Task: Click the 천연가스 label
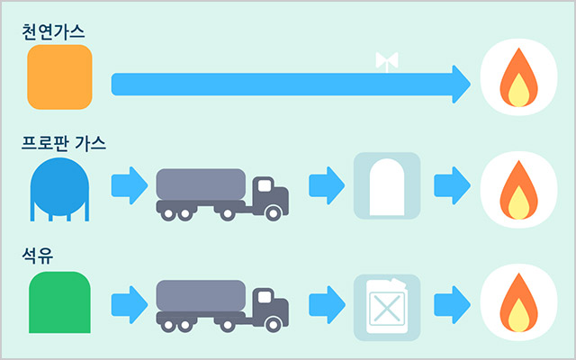tap(53, 32)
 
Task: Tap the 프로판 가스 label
tap(64, 143)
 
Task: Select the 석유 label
tap(38, 256)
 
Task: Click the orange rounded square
tap(59, 77)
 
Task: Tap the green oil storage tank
tap(59, 302)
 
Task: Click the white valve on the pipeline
tap(387, 62)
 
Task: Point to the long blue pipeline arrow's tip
tap(471, 84)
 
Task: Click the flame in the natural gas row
tap(518, 77)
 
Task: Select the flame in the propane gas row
tap(518, 190)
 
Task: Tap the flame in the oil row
tap(518, 302)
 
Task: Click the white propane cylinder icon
tap(387, 187)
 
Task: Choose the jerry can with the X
tap(387, 306)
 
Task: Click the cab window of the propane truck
tap(265, 185)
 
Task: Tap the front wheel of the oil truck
tap(274, 325)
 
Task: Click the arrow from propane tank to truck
tap(130, 185)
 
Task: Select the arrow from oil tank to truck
tap(130, 305)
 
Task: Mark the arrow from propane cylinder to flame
tap(452, 185)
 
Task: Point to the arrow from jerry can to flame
tap(452, 305)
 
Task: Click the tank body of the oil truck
tap(201, 296)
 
